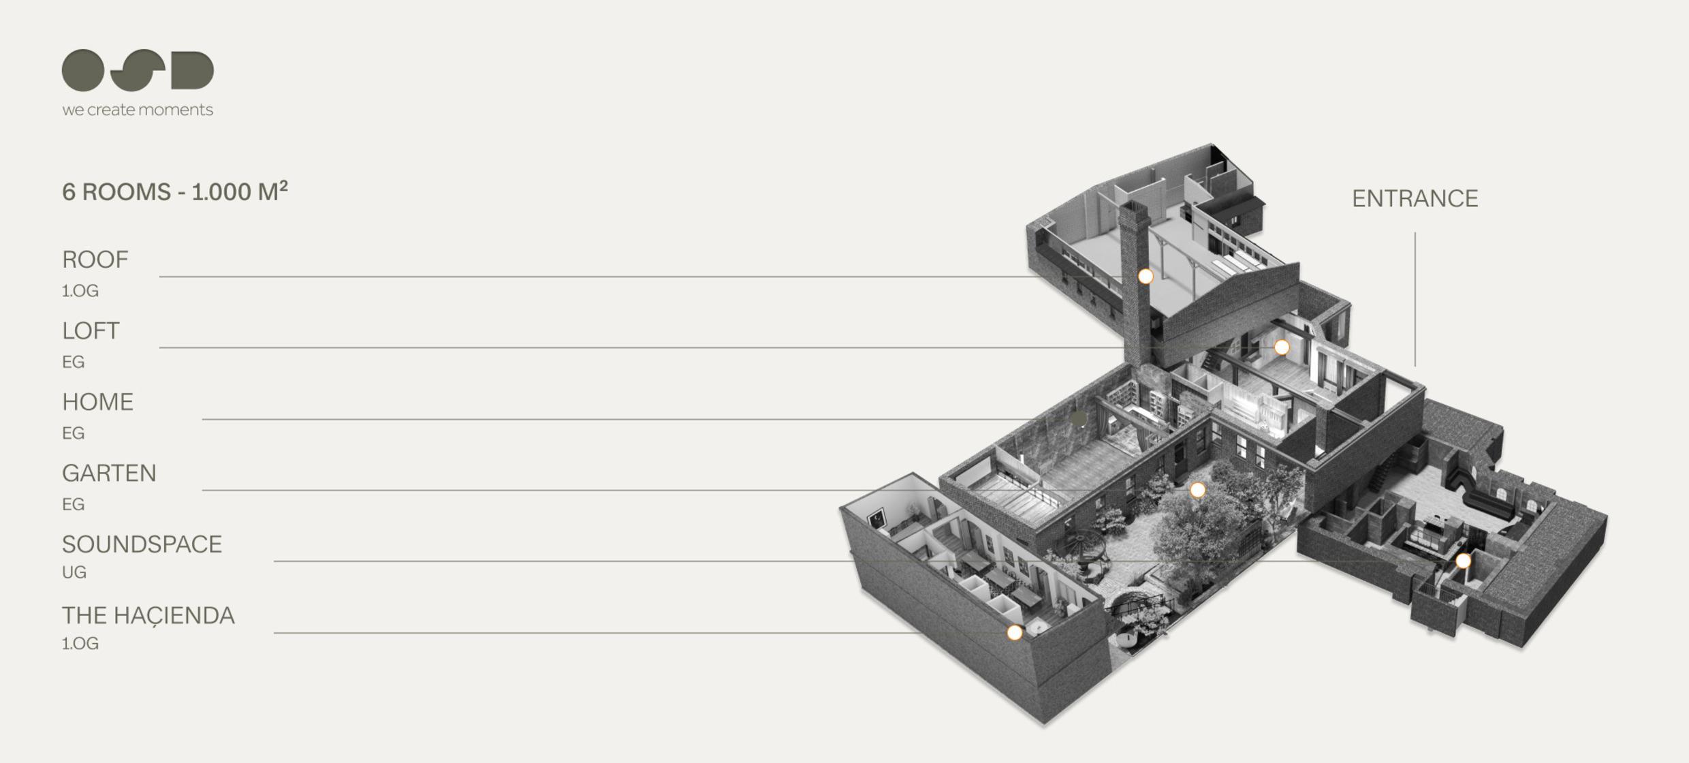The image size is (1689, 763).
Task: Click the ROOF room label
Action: coord(95,260)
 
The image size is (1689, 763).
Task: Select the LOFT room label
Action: coord(91,331)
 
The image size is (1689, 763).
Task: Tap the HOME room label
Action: coord(97,402)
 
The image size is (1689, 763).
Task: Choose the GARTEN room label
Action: coord(109,473)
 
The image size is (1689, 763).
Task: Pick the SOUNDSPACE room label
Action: coord(142,544)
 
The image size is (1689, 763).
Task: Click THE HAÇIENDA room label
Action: coord(148,615)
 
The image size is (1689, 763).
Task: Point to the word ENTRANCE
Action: coord(1415,198)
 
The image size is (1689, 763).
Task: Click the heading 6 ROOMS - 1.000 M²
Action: coord(174,192)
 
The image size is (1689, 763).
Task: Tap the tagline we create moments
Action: coord(138,110)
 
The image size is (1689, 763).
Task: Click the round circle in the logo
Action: coord(83,70)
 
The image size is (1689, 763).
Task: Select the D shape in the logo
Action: coord(192,70)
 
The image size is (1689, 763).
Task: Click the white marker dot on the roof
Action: coord(1146,276)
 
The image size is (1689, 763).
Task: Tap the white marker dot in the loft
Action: coord(1282,347)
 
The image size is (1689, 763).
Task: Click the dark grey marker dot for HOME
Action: coord(1079,418)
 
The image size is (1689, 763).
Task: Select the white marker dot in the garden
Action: coord(1197,490)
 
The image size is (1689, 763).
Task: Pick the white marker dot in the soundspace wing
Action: coord(1463,561)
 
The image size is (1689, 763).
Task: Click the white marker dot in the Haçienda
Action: coord(1014,633)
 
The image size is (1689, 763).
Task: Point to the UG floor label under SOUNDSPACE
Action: coord(74,572)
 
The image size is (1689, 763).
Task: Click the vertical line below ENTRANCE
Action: coord(1415,300)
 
